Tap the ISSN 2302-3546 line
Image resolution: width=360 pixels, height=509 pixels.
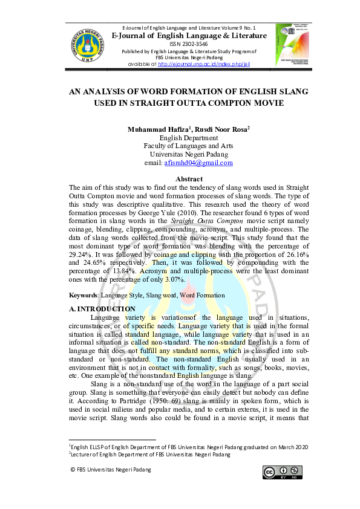(x=189, y=44)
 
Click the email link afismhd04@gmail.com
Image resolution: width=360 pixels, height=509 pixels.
(x=198, y=163)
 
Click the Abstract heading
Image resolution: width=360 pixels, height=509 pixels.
(x=189, y=180)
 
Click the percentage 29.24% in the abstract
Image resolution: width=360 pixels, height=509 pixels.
(x=81, y=256)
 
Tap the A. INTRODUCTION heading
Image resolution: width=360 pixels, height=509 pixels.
(x=102, y=309)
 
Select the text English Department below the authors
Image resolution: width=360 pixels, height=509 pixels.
(x=188, y=138)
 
